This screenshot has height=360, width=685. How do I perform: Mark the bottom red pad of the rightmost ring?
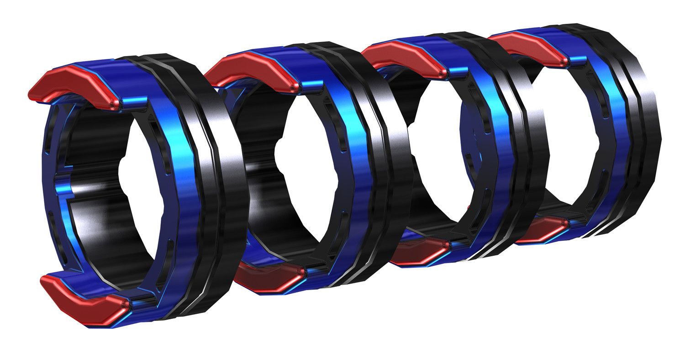(541, 231)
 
